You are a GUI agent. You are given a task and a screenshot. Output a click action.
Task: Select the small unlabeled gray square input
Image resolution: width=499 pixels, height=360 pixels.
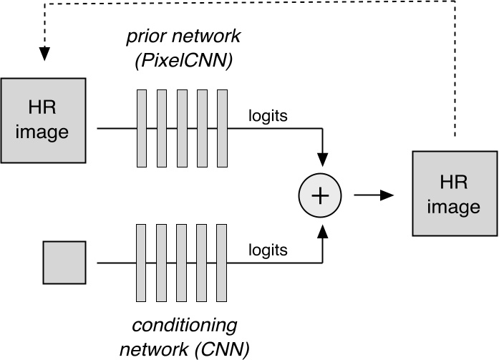(x=64, y=262)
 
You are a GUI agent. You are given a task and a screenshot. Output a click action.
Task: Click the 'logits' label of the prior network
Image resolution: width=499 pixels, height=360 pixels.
(x=268, y=115)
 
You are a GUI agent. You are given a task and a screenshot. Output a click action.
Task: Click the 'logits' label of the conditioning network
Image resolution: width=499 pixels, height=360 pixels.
(x=268, y=250)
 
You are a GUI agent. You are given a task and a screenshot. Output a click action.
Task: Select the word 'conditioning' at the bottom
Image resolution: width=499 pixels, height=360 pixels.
(x=185, y=326)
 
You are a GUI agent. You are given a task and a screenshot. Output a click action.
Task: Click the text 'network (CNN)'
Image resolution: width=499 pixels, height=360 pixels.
(x=185, y=349)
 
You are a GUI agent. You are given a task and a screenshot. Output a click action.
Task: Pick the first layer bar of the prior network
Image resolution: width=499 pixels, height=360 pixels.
(x=142, y=128)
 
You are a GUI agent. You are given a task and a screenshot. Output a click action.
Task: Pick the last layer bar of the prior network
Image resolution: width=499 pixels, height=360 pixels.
(x=222, y=128)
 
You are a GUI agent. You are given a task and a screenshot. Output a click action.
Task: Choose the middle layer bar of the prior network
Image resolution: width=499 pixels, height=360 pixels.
(x=182, y=128)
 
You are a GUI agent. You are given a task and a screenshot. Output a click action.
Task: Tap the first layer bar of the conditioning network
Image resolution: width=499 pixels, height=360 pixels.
(x=142, y=263)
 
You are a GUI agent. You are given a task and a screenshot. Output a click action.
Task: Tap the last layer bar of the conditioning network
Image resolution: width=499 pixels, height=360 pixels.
(x=222, y=263)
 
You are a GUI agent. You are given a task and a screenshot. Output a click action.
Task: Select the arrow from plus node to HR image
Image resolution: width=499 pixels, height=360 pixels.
(x=374, y=195)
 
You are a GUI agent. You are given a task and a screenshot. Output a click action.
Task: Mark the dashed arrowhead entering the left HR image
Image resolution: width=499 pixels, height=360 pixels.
(x=45, y=54)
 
